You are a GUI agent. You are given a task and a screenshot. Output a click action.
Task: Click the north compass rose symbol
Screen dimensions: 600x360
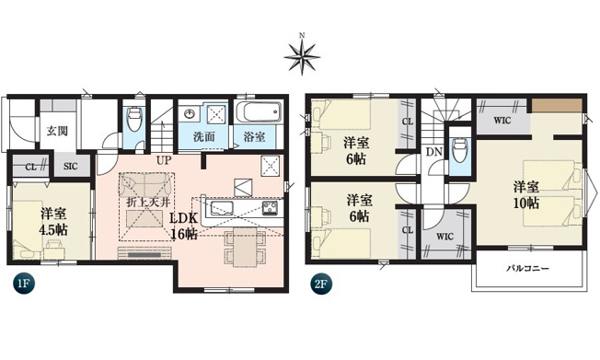coord(302,57)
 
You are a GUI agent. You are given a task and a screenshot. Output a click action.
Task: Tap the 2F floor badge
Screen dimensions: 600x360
coord(320,284)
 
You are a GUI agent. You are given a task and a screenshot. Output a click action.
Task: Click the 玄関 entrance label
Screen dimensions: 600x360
coord(57,131)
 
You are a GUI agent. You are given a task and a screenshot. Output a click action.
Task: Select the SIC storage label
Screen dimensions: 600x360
coord(71,167)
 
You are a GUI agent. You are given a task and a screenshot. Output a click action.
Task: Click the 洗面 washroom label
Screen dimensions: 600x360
coord(204,136)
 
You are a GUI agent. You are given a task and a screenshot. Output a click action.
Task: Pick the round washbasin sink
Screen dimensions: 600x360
coord(190,113)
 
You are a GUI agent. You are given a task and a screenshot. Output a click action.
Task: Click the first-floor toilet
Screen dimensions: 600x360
coord(134,118)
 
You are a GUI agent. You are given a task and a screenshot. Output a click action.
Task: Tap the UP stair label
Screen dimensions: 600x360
coord(164,159)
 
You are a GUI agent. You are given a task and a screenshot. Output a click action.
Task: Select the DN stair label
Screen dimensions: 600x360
coord(434,152)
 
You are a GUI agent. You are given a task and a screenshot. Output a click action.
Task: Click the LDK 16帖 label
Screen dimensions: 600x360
coord(184,226)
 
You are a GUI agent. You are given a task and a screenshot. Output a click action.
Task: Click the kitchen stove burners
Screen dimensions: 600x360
coord(271,208)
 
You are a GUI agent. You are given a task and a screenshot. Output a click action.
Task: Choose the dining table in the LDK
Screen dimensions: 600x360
coord(246,247)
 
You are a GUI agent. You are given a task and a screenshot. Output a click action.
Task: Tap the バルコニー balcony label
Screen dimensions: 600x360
coord(527,268)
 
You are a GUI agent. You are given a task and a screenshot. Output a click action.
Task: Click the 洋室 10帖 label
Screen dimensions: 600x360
coord(526,194)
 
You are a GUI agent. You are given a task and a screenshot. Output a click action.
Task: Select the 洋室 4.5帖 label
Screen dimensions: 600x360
coord(53,222)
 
